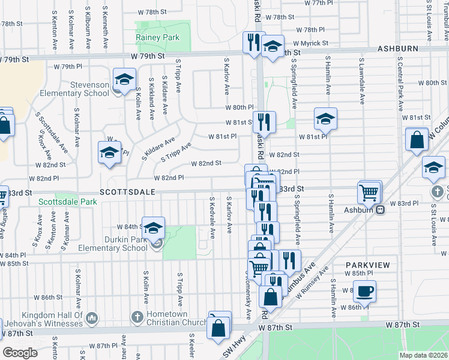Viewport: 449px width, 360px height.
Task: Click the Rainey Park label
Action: pyautogui.click(x=158, y=37)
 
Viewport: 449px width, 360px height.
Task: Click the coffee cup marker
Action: pyautogui.click(x=364, y=292)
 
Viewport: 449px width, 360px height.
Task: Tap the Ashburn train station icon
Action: pyautogui.click(x=380, y=210)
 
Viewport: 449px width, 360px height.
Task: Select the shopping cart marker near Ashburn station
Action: pyautogui.click(x=369, y=193)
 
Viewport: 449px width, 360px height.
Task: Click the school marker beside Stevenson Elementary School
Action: pyautogui.click(x=124, y=80)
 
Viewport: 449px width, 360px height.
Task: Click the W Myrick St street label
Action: pyautogui.click(x=310, y=43)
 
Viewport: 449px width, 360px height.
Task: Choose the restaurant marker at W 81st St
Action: pyautogui.click(x=264, y=122)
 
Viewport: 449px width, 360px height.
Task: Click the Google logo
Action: pyautogui.click(x=20, y=353)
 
